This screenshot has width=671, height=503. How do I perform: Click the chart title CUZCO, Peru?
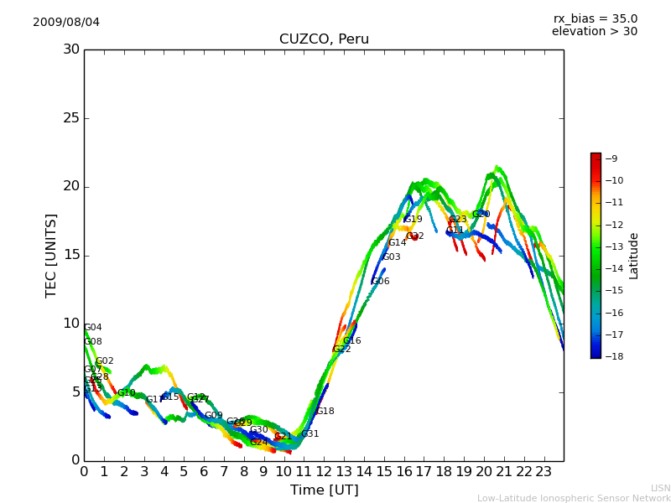(324, 39)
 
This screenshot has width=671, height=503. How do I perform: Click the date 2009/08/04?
(66, 22)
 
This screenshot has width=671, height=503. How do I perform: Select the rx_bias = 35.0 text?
(595, 18)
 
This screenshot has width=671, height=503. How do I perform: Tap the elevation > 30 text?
(594, 32)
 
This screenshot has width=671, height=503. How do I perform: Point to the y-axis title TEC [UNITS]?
(51, 255)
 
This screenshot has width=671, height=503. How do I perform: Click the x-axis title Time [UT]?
(324, 490)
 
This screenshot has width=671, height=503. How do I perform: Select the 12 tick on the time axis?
(324, 471)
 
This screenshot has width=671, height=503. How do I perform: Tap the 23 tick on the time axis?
(544, 471)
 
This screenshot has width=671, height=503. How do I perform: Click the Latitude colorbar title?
(634, 255)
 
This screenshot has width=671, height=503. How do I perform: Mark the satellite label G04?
(92, 328)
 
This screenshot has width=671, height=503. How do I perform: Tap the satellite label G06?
(380, 282)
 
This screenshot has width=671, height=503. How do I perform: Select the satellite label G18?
(325, 412)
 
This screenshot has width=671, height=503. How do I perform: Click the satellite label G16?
(351, 341)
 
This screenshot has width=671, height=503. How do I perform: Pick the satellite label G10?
(126, 393)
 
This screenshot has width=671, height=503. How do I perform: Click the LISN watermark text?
(660, 488)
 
